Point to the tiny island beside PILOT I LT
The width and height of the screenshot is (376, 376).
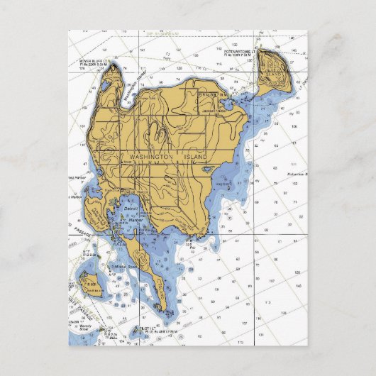[x=135, y=330]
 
